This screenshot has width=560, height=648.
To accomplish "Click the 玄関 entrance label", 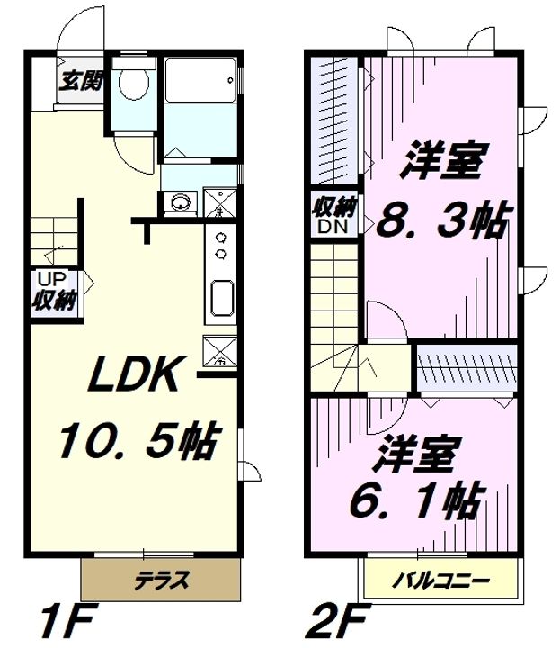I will pos(79,81).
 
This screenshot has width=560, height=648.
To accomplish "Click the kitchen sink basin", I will pos(220,297).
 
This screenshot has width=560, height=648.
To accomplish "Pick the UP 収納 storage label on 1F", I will pos(56,291).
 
